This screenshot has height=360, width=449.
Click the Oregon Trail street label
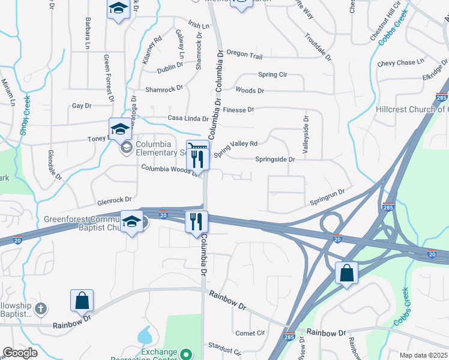pyautogui.click(x=244, y=56)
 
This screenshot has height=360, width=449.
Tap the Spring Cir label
pyautogui.click(x=273, y=74)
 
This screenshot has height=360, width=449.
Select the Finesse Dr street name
pyautogui.click(x=238, y=110)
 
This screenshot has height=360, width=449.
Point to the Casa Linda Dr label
pyautogui.click(x=188, y=118)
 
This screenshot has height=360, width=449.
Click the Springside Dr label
pyautogui.click(x=275, y=160)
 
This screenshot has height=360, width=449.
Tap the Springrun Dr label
pyautogui.click(x=328, y=193)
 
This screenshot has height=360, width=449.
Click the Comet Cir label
pyautogui.click(x=250, y=332)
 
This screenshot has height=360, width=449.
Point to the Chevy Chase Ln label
pyautogui.click(x=400, y=62)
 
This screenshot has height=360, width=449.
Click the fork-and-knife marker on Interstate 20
pyautogui.click(x=196, y=221)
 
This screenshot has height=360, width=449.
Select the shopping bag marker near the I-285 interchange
pyautogui.click(x=346, y=274)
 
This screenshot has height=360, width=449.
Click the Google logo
pyautogui.click(x=20, y=353)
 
